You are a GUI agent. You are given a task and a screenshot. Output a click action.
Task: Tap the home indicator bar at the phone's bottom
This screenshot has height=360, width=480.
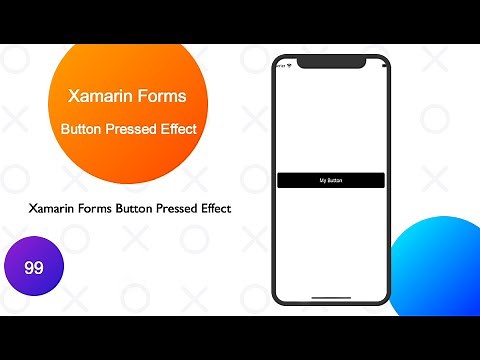coord(330,297)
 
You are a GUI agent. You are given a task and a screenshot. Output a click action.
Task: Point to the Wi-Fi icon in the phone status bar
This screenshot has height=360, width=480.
coord(291,66)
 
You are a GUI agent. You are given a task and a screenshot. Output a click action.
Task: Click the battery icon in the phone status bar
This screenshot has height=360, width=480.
coord(377,66)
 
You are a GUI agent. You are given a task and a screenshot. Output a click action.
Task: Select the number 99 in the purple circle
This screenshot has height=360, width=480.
coord(32,268)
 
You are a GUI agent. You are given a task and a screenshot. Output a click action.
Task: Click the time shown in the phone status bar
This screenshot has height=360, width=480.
coord(282,66)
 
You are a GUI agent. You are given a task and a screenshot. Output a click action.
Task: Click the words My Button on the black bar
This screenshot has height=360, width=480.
coord(330,180)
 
